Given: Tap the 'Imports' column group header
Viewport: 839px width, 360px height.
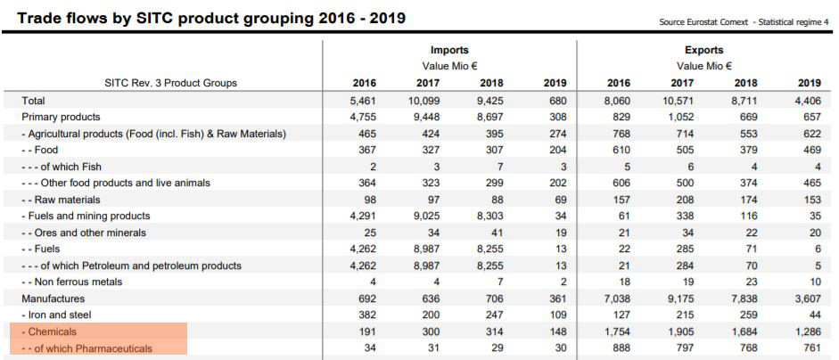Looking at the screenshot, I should tap(448, 50).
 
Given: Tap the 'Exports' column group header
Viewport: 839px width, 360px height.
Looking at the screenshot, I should tap(703, 50).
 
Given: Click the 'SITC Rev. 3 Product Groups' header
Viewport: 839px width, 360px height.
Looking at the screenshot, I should tap(170, 83).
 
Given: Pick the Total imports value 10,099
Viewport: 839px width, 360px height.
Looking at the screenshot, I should tap(424, 101).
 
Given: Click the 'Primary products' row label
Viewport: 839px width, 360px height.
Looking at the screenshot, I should tap(61, 117).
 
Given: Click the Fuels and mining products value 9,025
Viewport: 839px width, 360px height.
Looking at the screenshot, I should tap(424, 216).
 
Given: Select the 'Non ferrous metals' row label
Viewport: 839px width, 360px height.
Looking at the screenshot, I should tap(75, 282).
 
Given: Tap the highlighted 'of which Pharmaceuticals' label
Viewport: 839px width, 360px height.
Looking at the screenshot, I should tap(88, 348).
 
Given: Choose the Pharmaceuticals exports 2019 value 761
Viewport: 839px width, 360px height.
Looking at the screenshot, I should tap(810, 348).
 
